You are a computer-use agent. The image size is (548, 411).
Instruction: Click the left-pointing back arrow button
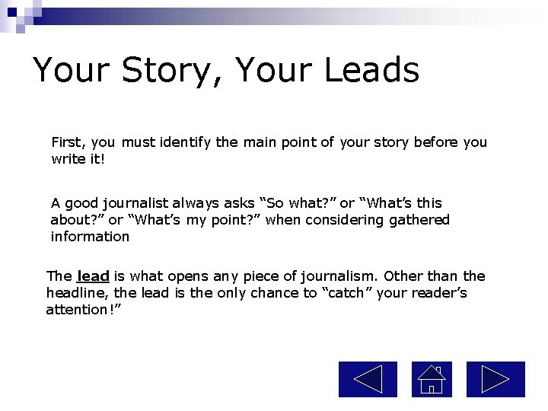coord(368,379)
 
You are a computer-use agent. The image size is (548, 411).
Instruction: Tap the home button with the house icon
coord(432,379)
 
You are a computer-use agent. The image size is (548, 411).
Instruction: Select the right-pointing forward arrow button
coord(495,379)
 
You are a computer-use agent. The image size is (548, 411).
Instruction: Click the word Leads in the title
coord(371,70)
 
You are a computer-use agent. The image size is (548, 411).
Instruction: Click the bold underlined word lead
coord(93,276)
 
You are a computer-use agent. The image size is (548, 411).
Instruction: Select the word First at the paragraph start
coord(68,142)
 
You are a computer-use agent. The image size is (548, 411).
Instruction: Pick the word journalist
coord(133,203)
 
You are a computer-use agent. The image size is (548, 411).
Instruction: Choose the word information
coord(90,237)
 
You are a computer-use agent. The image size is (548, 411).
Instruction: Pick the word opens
coord(187,276)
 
